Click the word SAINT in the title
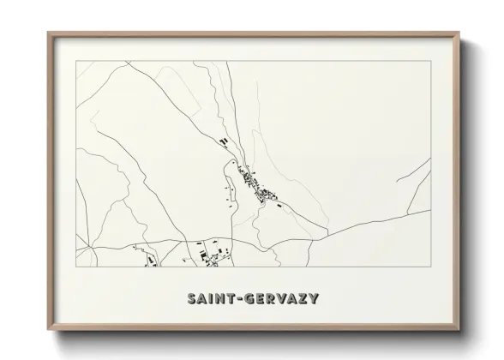point(209,299)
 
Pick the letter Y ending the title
point(315,299)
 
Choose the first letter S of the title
point(191,299)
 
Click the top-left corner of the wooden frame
point(48,33)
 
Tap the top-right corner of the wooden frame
point(458,33)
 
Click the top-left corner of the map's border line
point(76,62)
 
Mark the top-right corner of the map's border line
point(429,62)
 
